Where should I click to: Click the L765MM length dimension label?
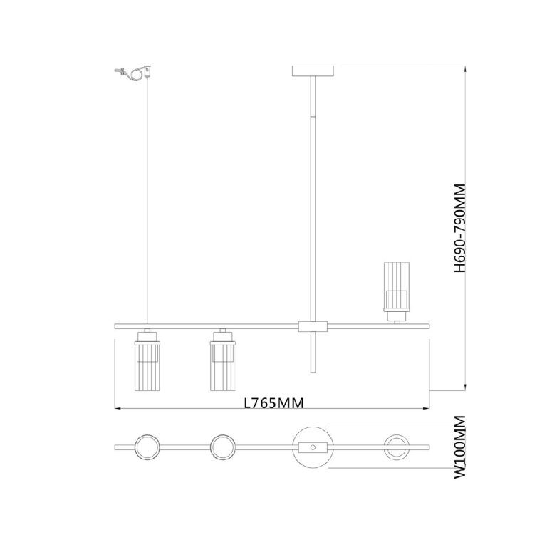pyautogui.click(x=273, y=403)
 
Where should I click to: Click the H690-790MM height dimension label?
pyautogui.click(x=460, y=229)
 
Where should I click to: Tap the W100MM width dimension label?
pyautogui.click(x=460, y=447)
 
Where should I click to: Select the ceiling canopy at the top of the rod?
pyautogui.click(x=313, y=71)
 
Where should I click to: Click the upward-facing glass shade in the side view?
pyautogui.click(x=396, y=292)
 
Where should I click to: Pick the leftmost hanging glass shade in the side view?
pyautogui.click(x=147, y=360)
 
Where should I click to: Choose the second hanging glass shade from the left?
pyautogui.click(x=222, y=360)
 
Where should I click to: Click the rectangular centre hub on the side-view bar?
pyautogui.click(x=313, y=326)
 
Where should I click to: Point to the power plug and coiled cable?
pyautogui.click(x=134, y=72)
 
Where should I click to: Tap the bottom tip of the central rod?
pyautogui.click(x=313, y=372)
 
